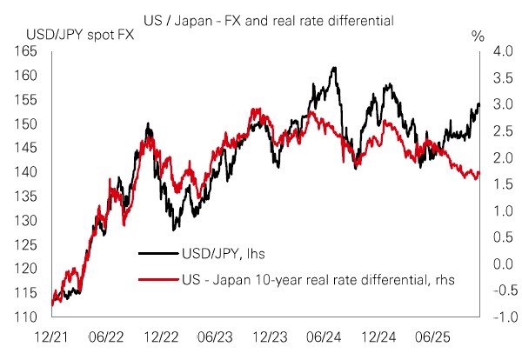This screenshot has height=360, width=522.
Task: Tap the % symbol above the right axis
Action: pyautogui.click(x=477, y=37)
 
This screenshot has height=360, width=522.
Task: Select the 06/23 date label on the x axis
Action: pyautogui.click(x=214, y=335)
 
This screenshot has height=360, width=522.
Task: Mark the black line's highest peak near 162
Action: pyautogui.click(x=334, y=67)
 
